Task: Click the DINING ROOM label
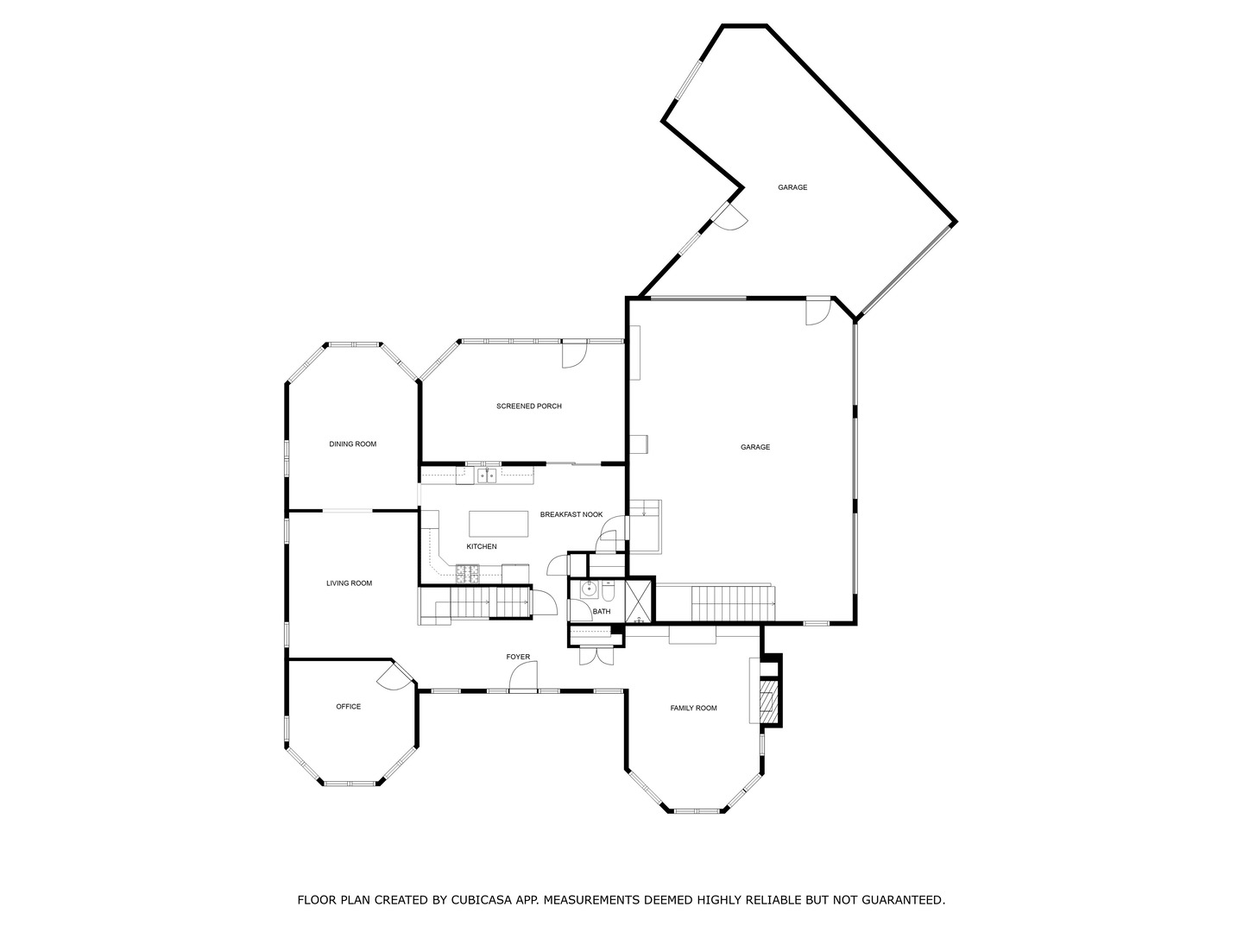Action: [x=352, y=444]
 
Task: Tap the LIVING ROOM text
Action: [x=349, y=583]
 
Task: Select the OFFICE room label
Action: [x=348, y=707]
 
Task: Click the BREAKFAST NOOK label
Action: [x=571, y=514]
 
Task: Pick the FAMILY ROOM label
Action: [x=693, y=708]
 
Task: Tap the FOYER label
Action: [x=518, y=658]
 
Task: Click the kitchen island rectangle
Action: [x=498, y=523]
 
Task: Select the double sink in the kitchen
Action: [x=487, y=475]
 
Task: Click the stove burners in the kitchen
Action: [x=467, y=571]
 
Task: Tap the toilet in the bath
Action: [x=608, y=593]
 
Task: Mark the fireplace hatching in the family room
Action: [x=766, y=701]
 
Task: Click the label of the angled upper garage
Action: [x=792, y=187]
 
